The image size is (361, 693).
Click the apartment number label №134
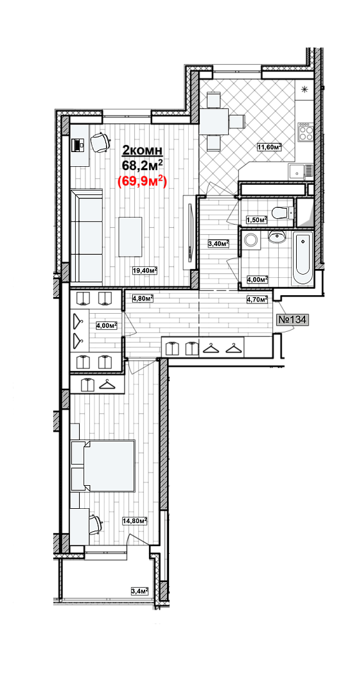(x=291, y=320)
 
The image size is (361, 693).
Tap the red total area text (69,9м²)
(x=141, y=182)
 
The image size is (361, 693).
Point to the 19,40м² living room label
(x=146, y=271)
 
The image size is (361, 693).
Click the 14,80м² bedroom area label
(x=135, y=521)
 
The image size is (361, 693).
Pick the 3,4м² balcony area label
(x=139, y=590)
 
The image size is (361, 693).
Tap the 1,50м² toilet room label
(x=256, y=219)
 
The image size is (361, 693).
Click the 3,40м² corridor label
(x=218, y=243)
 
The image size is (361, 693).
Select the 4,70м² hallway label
(x=258, y=299)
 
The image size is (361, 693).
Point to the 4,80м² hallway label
(x=143, y=298)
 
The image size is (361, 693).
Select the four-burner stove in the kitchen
(x=304, y=132)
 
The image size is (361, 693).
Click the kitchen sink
(x=301, y=169)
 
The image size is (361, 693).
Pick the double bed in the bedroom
(x=103, y=465)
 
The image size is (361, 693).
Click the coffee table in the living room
(x=130, y=237)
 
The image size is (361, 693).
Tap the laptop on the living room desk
(x=78, y=144)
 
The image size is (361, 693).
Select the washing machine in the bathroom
(x=252, y=241)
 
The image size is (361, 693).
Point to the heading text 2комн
(x=143, y=151)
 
